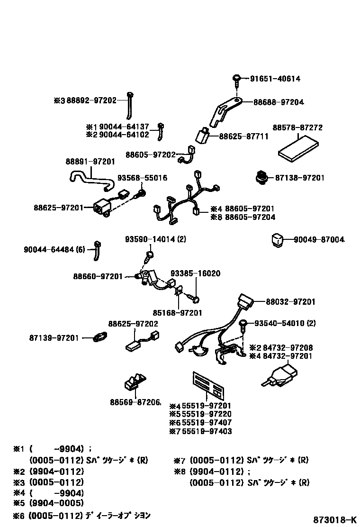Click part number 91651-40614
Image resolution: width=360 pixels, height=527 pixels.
275,79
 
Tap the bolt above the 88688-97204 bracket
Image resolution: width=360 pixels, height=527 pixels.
236,80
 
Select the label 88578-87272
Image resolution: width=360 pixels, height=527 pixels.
297,128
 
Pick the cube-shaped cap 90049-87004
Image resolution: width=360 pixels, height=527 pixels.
276,239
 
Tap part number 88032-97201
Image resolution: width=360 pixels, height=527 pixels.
290,301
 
